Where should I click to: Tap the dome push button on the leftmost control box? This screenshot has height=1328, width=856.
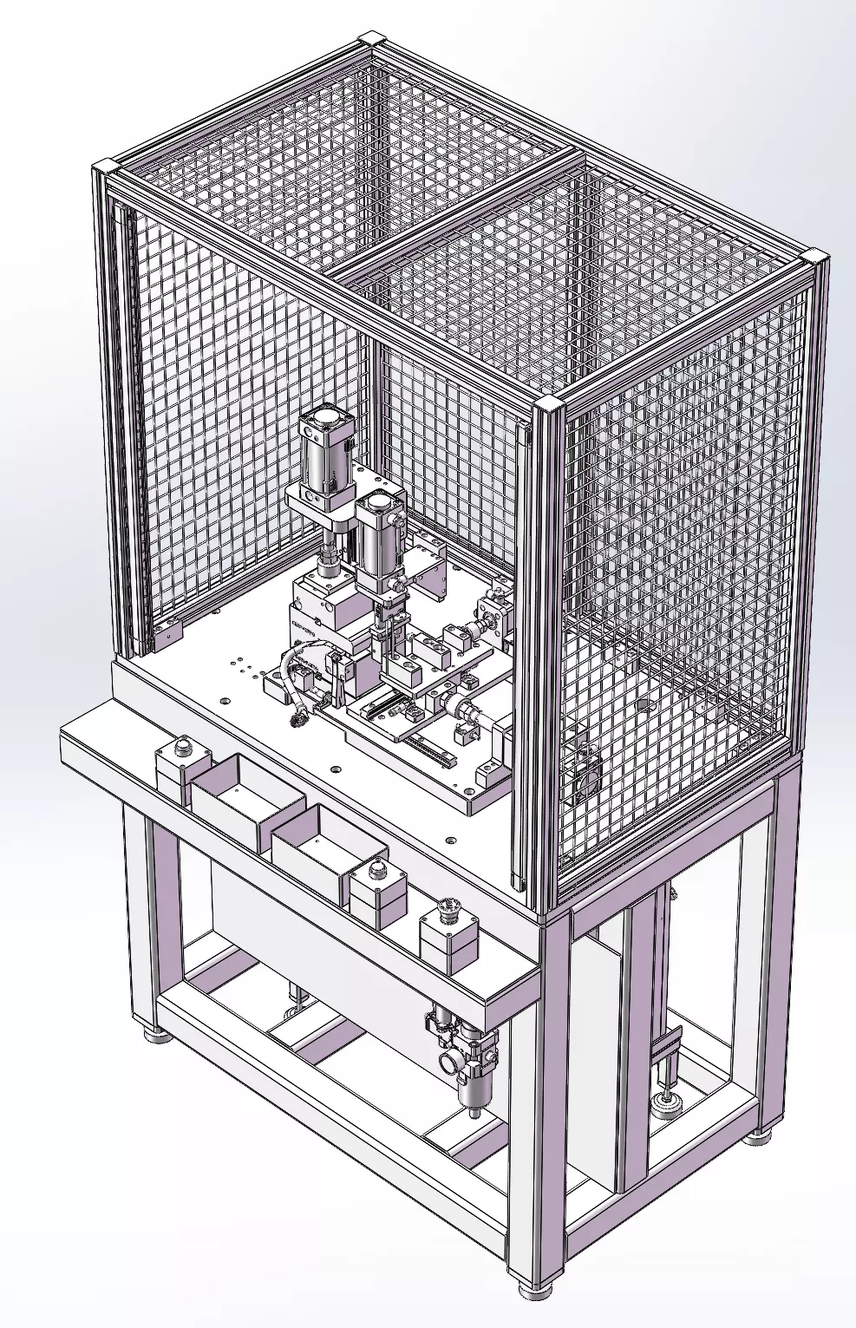pyautogui.click(x=183, y=746)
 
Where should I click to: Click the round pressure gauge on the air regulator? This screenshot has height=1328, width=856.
pyautogui.click(x=451, y=1061)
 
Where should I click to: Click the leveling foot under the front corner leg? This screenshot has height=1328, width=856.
pyautogui.click(x=536, y=1289)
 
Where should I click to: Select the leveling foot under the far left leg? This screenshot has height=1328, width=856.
pyautogui.click(x=156, y=1034)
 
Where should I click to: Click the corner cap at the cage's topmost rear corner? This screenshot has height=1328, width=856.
pyautogui.click(x=371, y=40)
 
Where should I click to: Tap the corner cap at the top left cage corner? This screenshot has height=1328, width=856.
pyautogui.click(x=105, y=167)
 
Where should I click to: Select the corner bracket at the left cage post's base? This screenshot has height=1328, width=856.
pyautogui.click(x=167, y=635)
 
